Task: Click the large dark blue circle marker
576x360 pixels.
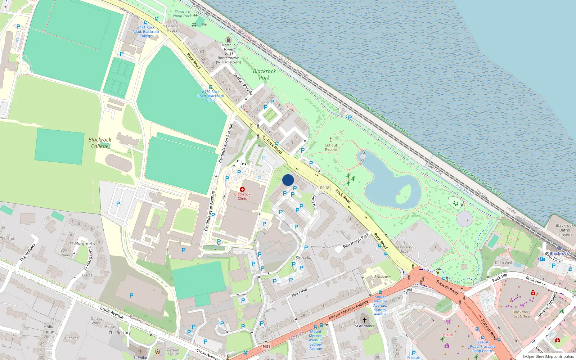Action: pyautogui.click(x=288, y=180)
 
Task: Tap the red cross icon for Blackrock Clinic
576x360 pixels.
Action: pyautogui.click(x=242, y=189)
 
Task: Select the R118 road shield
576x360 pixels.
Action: pyautogui.click(x=325, y=188)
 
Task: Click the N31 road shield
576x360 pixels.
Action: pyautogui.click(x=266, y=346)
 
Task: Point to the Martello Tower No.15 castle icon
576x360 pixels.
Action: pyautogui.click(x=228, y=40)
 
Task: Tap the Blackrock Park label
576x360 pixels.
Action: pyautogui.click(x=264, y=74)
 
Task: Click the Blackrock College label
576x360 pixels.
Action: pyautogui.click(x=100, y=143)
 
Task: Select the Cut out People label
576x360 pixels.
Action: pyautogui.click(x=331, y=148)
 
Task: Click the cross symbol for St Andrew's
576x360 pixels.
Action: pyautogui.click(x=364, y=320)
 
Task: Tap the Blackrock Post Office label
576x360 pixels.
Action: pyautogui.click(x=521, y=314)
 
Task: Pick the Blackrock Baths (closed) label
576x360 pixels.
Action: pyautogui.click(x=564, y=230)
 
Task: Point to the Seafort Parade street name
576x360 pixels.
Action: pyautogui.click(x=243, y=83)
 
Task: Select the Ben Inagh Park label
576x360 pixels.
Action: pyautogui.click(x=356, y=240)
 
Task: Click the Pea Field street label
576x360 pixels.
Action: pyautogui.click(x=299, y=292)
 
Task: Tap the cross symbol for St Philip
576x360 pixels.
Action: pyautogui.click(x=140, y=351)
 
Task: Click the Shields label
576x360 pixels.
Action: pyautogui.click(x=447, y=335)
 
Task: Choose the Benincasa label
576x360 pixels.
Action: pyautogui.click(x=382, y=277)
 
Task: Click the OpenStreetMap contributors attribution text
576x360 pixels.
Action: pyautogui.click(x=548, y=357)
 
